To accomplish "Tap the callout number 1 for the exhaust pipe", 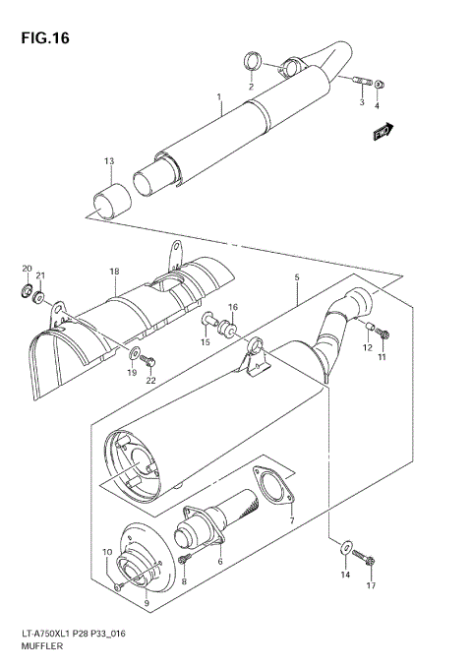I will pyautogui.click(x=219, y=98).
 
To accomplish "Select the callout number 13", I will pyautogui.click(x=110, y=161).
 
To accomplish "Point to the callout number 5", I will pyautogui.click(x=295, y=278).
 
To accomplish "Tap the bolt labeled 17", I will pyautogui.click(x=364, y=560).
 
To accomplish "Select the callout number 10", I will pyautogui.click(x=108, y=553).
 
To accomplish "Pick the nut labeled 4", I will pyautogui.click(x=382, y=84).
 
